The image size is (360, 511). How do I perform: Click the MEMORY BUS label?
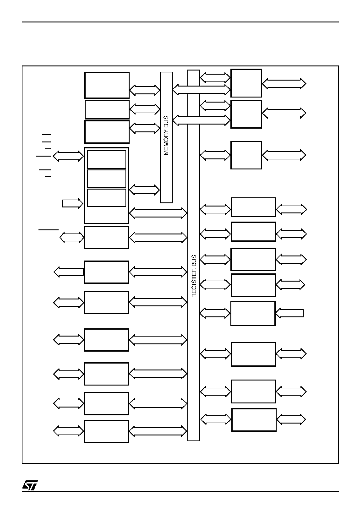pyautogui.click(x=166, y=135)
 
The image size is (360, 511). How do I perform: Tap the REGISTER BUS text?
pyautogui.click(x=194, y=276)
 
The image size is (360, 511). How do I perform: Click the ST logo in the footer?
pyautogui.click(x=30, y=485)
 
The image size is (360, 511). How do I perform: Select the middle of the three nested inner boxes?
pyautogui.click(x=107, y=179)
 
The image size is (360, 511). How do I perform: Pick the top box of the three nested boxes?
pyautogui.click(x=107, y=159)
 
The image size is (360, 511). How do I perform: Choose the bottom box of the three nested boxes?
pyautogui.click(x=107, y=197)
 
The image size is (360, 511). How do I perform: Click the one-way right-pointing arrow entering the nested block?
pyautogui.click(x=72, y=203)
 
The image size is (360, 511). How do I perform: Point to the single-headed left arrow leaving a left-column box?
pyautogui.click(x=69, y=272)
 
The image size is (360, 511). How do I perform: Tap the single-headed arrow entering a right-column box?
pyautogui.click(x=289, y=313)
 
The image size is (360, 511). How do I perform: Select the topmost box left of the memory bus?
pyautogui.click(x=107, y=85)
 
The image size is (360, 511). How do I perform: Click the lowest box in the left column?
pyautogui.click(x=106, y=431)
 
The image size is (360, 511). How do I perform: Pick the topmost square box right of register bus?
pyautogui.click(x=246, y=83)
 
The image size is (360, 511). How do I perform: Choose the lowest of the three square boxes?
pyautogui.click(x=246, y=155)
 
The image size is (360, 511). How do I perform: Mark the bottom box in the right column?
pyautogui.click(x=254, y=420)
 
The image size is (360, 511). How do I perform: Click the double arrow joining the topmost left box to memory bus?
pyautogui.click(x=145, y=90)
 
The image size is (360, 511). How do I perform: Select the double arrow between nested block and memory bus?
pyautogui.click(x=145, y=190)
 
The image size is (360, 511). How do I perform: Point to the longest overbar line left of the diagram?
pyautogui.click(x=48, y=230)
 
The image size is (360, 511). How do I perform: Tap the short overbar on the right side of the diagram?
pyautogui.click(x=310, y=290)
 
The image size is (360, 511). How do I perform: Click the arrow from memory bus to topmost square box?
pyautogui.click(x=202, y=90)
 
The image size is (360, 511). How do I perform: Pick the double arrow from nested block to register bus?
pyautogui.click(x=158, y=213)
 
